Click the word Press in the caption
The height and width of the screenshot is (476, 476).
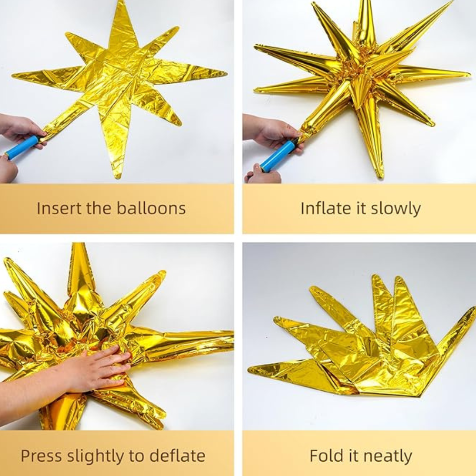(40, 456)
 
